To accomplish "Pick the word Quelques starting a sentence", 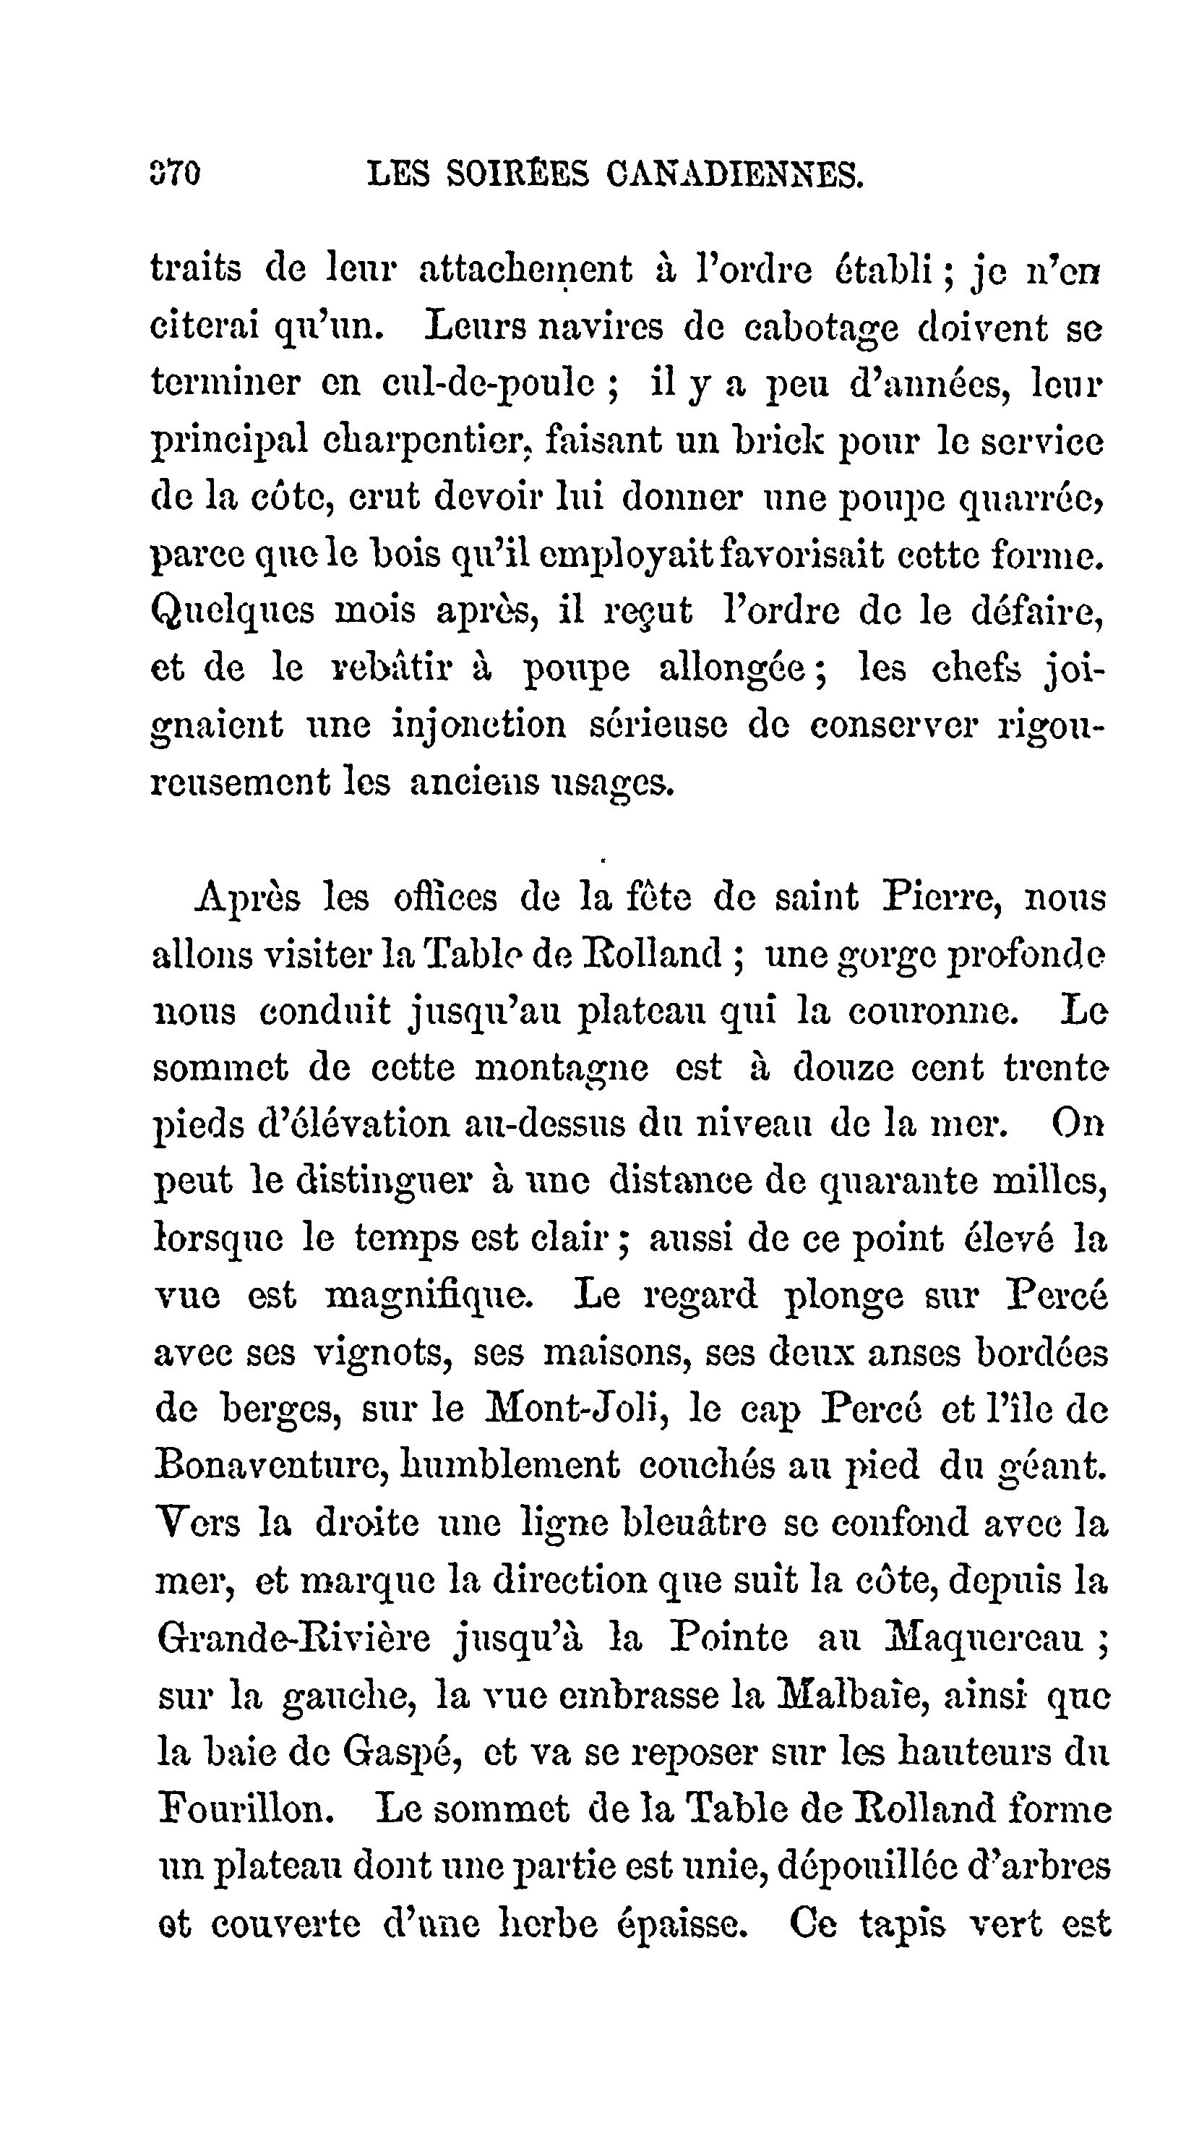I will pyautogui.click(x=233, y=611).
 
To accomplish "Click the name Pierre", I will pyautogui.click(x=941, y=897).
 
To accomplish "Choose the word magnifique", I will pyautogui.click(x=429, y=1297).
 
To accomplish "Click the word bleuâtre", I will pyautogui.click(x=692, y=1522).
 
